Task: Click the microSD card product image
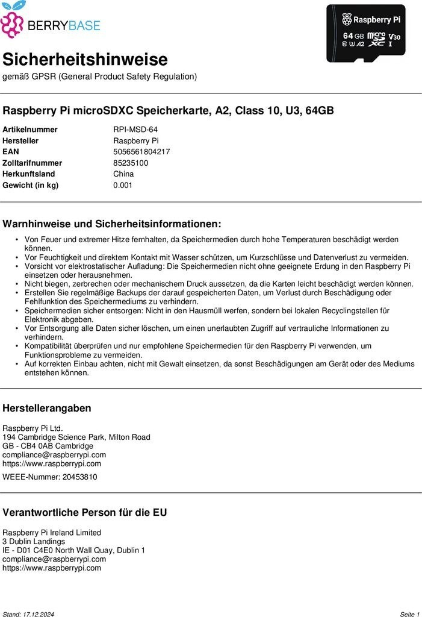tap(366, 33)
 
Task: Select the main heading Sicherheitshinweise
tap(85, 60)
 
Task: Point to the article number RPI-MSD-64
tap(135, 130)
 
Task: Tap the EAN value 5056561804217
tap(141, 152)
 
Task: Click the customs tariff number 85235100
tap(131, 163)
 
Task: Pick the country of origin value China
tap(123, 174)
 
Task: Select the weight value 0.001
tap(123, 185)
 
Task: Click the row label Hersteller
tap(20, 141)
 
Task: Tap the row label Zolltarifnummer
tap(32, 163)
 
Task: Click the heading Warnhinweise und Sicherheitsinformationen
tap(112, 224)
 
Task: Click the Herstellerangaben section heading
tap(47, 408)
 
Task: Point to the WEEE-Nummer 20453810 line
tap(49, 477)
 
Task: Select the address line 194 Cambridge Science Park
tap(76, 437)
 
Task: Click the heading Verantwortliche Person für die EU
tap(85, 513)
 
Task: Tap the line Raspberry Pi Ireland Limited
tap(52, 533)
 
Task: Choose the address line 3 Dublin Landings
tap(34, 542)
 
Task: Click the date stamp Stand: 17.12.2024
tap(28, 614)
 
